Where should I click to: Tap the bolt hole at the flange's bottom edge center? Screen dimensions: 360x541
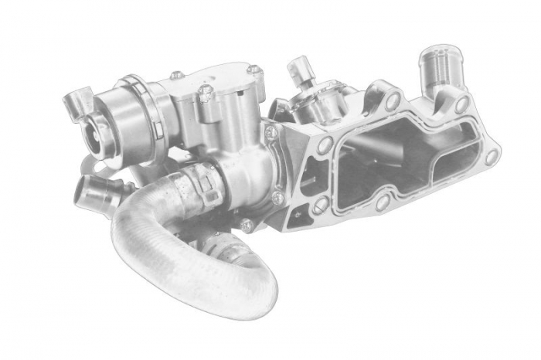point(381,202)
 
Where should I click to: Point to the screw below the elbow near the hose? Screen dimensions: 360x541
point(247,225)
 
